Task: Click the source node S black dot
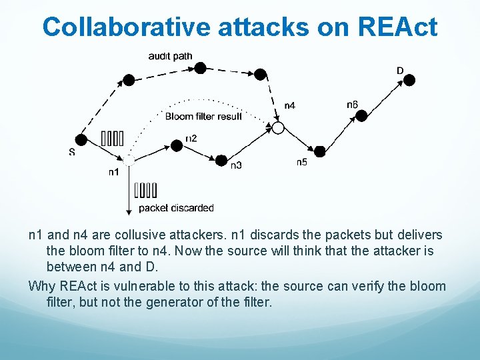81,139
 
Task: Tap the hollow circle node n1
129,160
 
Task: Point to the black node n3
221,160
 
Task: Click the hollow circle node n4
278,127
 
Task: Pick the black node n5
319,151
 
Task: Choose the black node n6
361,115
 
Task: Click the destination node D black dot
410,80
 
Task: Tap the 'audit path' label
170,56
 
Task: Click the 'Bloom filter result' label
203,117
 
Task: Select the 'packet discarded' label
176,208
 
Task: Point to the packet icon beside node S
112,139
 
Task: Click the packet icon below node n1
145,191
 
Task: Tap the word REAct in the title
397,27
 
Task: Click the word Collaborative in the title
126,27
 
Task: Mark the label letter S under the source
72,152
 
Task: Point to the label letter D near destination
400,71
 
